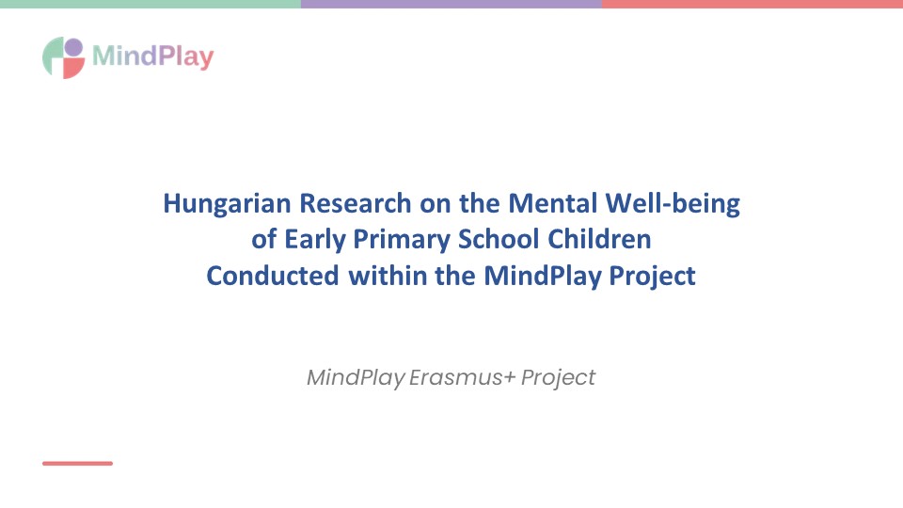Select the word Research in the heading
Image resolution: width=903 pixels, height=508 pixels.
pos(356,203)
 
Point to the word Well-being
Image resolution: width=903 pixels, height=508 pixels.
pos(673,204)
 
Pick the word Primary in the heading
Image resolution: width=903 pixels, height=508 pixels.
pos(402,240)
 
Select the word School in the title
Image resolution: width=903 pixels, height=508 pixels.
pos(499,239)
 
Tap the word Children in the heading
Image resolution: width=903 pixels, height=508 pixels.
pos(599,239)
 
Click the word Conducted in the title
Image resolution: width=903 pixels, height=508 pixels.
pos(273,276)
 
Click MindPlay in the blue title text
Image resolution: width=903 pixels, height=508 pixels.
pos(543,277)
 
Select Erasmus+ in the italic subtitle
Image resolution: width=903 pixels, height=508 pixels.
pos(462,377)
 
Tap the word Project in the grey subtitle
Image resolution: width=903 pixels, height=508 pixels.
pos(558,378)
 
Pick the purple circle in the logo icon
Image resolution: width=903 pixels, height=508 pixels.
pos(73,47)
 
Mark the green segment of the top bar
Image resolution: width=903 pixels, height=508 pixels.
pos(150,4)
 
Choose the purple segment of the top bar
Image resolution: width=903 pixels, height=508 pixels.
pos(451,4)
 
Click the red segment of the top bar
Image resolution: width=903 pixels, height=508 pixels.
pos(752,4)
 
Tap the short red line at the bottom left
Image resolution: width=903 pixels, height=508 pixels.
pos(77,463)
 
